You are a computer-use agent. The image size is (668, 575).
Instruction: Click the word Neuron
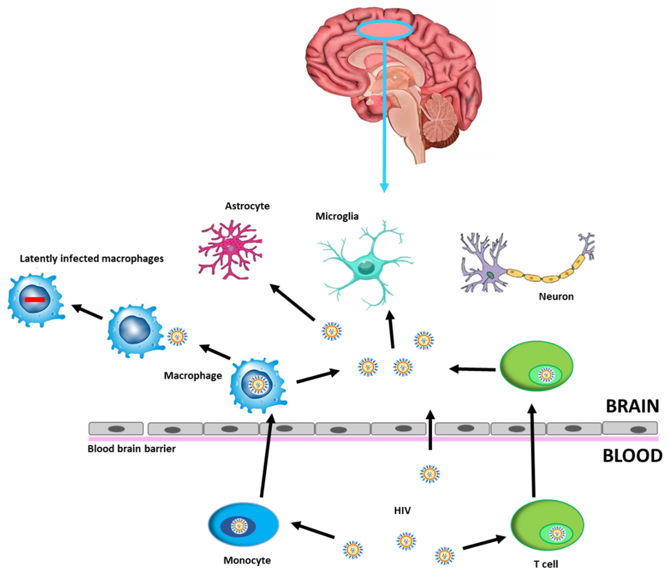pyautogui.click(x=556, y=296)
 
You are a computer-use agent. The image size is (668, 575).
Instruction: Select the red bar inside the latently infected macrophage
pyautogui.click(x=35, y=300)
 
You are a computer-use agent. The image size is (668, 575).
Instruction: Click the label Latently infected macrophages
pyautogui.click(x=92, y=259)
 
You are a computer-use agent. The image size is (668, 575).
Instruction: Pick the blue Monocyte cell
pyautogui.click(x=244, y=525)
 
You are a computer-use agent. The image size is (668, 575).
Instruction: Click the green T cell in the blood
pyautogui.click(x=547, y=526)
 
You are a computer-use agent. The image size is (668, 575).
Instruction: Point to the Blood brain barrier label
pyautogui.click(x=132, y=449)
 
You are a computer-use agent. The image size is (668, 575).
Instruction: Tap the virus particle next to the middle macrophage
pyautogui.click(x=177, y=337)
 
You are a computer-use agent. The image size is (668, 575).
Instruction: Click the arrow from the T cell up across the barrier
pyautogui.click(x=533, y=451)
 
